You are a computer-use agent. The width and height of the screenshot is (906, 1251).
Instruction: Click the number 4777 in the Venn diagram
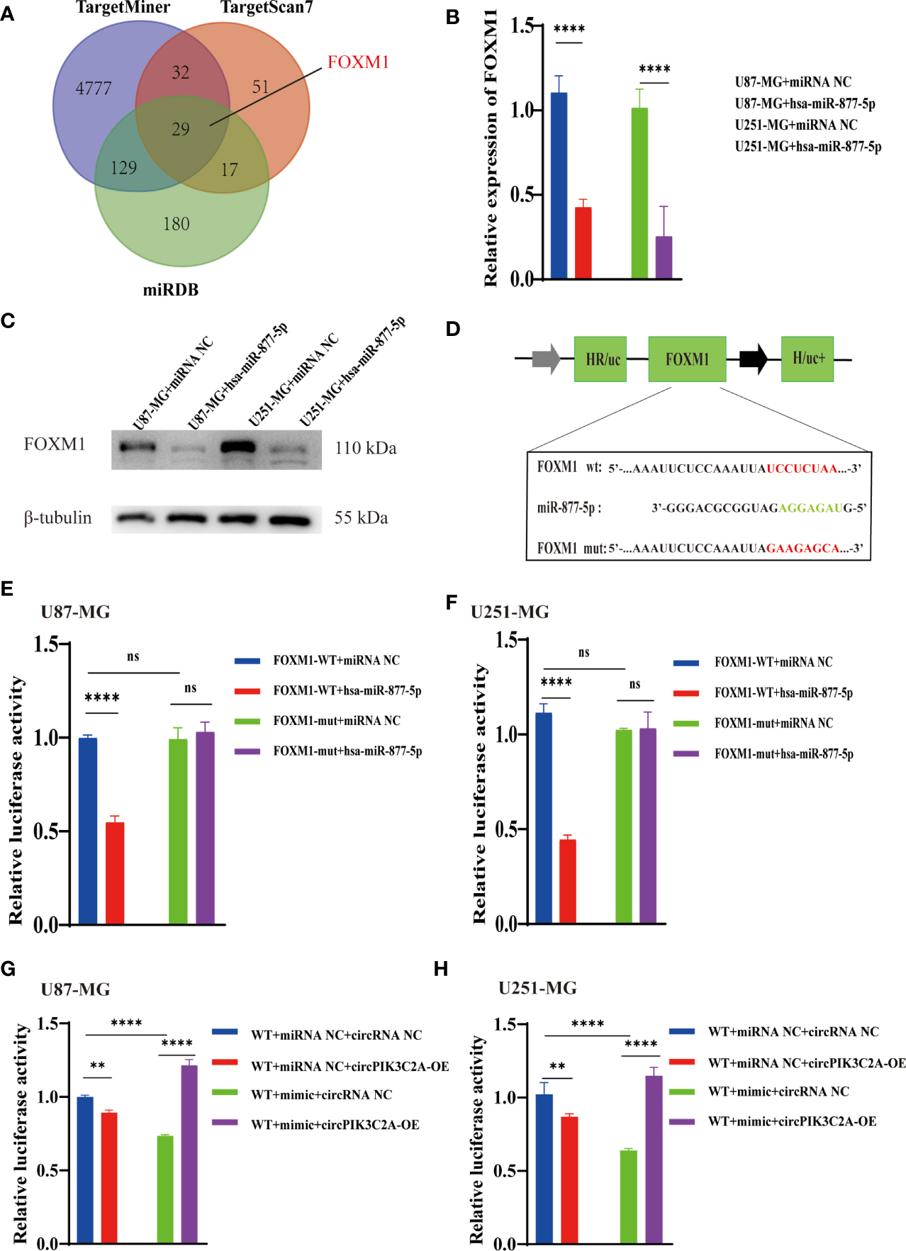click(94, 89)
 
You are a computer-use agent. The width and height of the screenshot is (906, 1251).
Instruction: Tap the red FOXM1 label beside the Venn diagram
click(358, 62)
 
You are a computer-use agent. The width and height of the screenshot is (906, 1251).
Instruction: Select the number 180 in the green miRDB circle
click(177, 224)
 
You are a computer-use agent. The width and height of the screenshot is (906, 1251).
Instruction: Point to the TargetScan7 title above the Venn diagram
click(267, 8)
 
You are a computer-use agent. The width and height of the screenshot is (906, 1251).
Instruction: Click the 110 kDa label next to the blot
click(366, 448)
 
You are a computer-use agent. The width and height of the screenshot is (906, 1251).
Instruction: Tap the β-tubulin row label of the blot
click(57, 518)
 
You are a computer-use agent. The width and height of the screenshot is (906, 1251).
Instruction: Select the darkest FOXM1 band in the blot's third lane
click(238, 447)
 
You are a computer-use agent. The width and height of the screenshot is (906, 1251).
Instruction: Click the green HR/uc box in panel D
click(600, 359)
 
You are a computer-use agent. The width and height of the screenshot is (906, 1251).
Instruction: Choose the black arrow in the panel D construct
click(753, 359)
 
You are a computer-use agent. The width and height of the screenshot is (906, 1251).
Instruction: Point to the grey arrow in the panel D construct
click(546, 359)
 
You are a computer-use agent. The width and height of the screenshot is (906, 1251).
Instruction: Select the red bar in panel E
click(115, 873)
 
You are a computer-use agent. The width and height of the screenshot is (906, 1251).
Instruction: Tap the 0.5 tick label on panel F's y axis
click(505, 829)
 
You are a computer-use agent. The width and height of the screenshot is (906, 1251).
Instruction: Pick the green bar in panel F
click(624, 826)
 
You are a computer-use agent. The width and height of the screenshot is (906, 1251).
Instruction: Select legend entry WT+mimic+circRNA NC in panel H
click(778, 1092)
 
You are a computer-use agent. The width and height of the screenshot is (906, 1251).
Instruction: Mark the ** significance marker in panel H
click(557, 1067)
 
